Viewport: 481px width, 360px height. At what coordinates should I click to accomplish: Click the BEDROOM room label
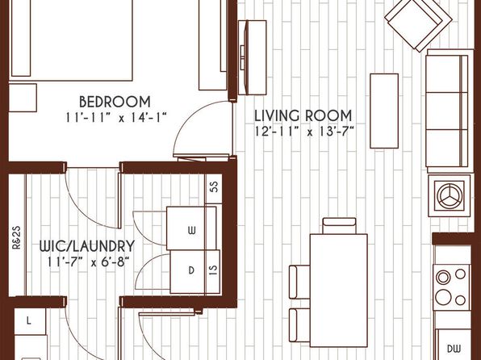click(x=115, y=102)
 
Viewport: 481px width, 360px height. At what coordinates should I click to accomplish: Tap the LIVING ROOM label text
click(x=303, y=115)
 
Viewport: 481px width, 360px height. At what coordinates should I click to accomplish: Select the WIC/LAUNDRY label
click(x=87, y=246)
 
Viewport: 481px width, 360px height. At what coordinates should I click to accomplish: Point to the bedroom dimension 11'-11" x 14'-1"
click(x=115, y=118)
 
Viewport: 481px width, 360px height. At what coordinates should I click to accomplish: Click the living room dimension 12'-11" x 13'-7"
click(x=304, y=132)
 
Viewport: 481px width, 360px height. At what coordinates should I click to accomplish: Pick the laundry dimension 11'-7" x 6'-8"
click(x=87, y=262)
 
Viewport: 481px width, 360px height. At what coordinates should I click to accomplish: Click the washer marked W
click(x=191, y=228)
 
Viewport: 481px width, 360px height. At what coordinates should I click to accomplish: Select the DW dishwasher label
click(x=454, y=349)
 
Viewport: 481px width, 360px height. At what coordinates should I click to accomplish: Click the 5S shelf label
click(x=215, y=186)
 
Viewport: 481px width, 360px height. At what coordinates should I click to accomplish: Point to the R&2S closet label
click(x=16, y=237)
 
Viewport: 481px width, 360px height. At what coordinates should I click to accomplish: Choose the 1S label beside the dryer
click(x=214, y=270)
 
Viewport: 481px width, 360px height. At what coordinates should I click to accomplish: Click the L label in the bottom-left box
click(x=28, y=321)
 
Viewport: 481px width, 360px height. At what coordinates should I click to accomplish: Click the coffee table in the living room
click(x=384, y=111)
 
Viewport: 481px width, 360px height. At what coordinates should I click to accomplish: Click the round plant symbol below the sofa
click(x=450, y=195)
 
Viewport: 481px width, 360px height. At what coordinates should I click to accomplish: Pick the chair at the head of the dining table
click(x=339, y=225)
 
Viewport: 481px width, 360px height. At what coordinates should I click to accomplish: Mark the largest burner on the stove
click(x=443, y=297)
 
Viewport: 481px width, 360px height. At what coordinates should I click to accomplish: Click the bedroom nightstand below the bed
click(x=23, y=98)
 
